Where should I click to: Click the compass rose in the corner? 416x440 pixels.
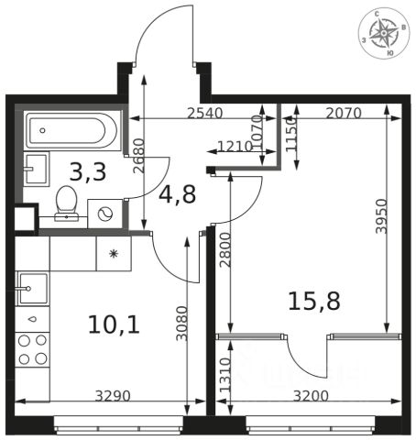coord(384,33)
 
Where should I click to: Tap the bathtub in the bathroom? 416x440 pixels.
coord(71,130)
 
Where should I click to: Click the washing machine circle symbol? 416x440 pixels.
coord(104,214)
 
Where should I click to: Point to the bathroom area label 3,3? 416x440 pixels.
coord(88,172)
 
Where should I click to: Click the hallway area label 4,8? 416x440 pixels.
coord(177,194)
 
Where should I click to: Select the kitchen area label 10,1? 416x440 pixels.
coord(114,324)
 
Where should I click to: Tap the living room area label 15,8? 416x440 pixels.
coord(314,301)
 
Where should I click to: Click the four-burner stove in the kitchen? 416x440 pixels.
coord(32,350)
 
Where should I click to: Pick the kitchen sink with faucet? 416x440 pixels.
coord(32,289)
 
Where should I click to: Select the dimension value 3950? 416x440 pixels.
coord(381,216)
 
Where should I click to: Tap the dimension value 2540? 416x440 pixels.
coord(205,114)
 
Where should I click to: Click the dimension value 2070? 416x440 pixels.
coord(344,114)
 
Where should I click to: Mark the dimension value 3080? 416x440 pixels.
coord(182,324)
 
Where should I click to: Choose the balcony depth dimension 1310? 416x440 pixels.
coord(225,375)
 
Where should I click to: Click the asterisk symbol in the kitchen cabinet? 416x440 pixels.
coord(114,254)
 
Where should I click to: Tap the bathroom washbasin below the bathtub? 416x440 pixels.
coord(37,169)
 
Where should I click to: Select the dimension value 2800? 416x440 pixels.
coord(225,250)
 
